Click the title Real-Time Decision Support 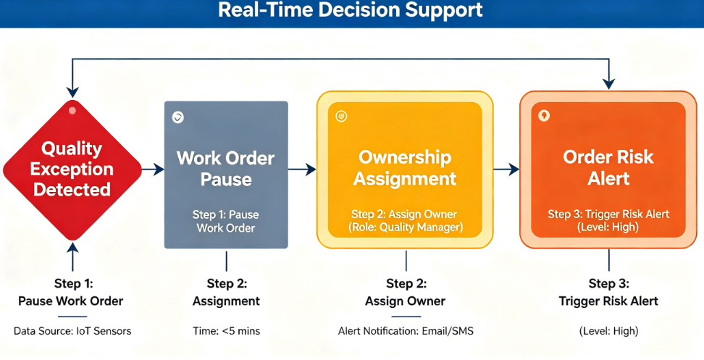[351, 10]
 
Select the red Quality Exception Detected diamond [72, 169]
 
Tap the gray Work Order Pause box [226, 175]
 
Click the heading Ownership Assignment [405, 168]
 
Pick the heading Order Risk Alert [608, 168]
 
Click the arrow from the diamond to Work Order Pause [153, 169]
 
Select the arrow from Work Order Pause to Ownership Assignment [302, 169]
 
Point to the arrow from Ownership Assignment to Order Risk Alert [506, 169]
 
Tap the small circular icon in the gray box [177, 117]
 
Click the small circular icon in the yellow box [341, 117]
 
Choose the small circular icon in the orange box [544, 116]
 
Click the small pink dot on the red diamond [72, 110]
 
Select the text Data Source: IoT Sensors [72, 331]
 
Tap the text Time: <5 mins [226, 331]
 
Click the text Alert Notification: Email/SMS [406, 331]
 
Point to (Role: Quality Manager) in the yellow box [406, 227]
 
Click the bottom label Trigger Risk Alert [608, 301]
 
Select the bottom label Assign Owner [405, 301]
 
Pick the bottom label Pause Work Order [70, 301]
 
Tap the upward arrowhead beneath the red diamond [72, 247]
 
